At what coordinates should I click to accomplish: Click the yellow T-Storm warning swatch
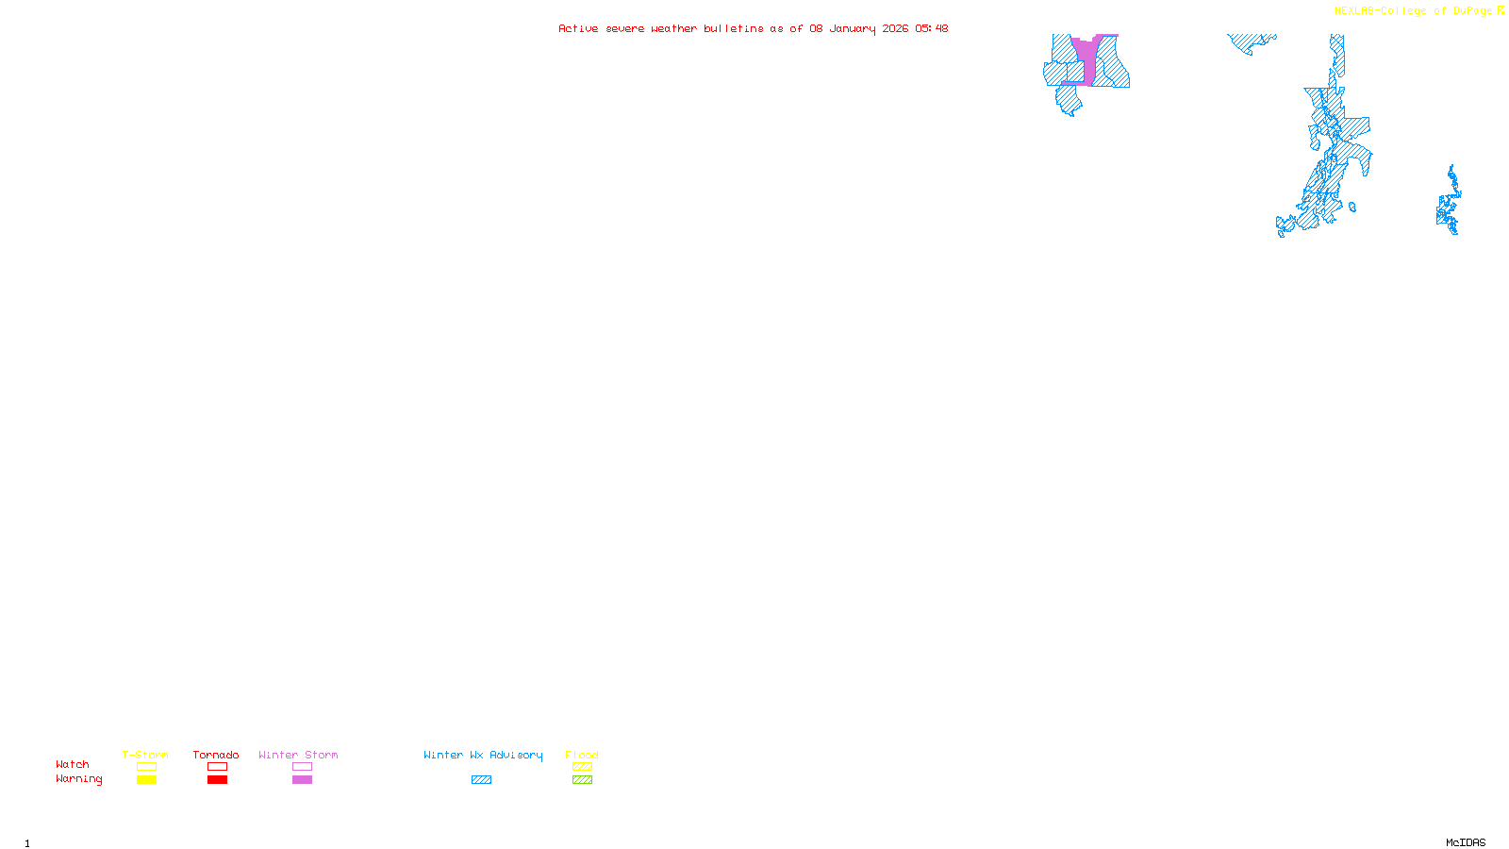point(146,780)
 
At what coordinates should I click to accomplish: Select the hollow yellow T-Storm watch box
point(146,767)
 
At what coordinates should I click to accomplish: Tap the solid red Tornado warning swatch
point(217,780)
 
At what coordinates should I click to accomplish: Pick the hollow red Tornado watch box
point(217,767)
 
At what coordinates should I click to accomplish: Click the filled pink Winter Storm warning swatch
point(302,780)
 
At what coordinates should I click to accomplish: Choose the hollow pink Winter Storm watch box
point(302,767)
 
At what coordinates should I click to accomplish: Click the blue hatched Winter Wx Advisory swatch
point(481,780)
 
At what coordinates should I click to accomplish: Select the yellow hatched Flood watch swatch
point(582,767)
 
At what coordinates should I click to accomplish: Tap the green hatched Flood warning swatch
point(582,780)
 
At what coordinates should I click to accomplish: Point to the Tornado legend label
point(216,755)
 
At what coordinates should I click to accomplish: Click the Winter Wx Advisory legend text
point(483,755)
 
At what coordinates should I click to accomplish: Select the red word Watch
point(73,765)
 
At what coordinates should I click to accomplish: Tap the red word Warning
point(78,779)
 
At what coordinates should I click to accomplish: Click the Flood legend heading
point(582,755)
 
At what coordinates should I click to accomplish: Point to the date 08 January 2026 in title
point(858,28)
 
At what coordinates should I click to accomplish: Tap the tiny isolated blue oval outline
point(1352,208)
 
